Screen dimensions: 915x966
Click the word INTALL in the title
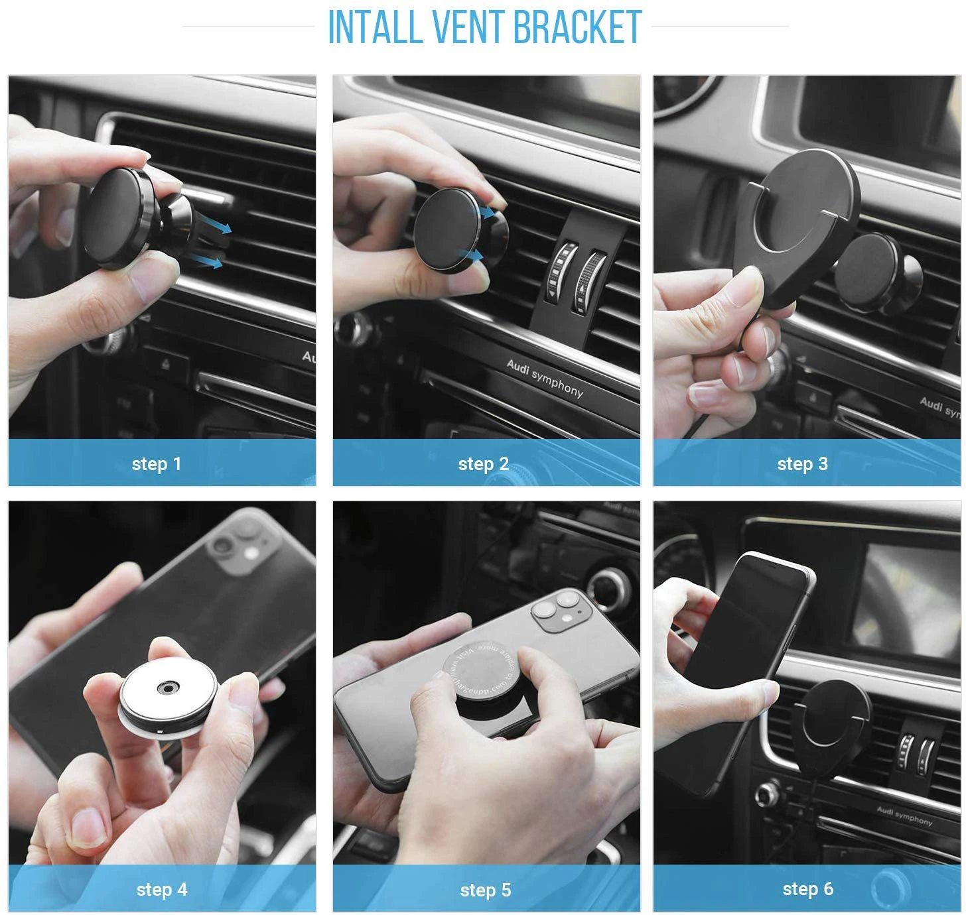click(376, 28)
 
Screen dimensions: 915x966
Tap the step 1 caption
click(157, 463)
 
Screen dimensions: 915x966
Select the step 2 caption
click(483, 463)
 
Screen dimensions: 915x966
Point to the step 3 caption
click(802, 463)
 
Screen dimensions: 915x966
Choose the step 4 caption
click(162, 889)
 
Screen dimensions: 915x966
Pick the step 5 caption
click(486, 890)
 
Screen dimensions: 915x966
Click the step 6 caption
click(807, 888)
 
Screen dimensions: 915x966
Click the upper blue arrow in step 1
click(222, 227)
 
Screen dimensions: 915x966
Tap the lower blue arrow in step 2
click(473, 254)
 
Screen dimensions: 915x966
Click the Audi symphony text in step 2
click(545, 378)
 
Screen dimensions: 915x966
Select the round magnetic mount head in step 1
click(119, 217)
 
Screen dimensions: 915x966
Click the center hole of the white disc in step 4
click(167, 690)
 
